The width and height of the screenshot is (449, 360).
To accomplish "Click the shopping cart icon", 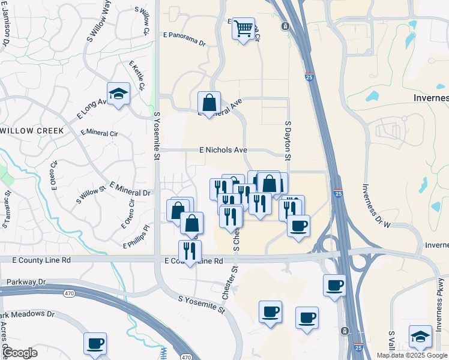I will point(243,28).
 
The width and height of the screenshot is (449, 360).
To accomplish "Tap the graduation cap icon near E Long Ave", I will point(119,94).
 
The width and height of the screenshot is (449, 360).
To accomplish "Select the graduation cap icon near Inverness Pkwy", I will point(420,337).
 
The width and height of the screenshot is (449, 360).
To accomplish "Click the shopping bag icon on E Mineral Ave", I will point(209,103).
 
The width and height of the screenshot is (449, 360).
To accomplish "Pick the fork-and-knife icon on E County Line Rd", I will point(190,251).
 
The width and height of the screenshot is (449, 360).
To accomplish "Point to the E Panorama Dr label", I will point(184,43).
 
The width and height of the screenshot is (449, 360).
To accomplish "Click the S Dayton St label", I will point(288,142).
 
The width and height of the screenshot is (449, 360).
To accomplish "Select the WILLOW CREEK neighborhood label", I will point(31,130).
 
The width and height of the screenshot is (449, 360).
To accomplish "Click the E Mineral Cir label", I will point(98,132).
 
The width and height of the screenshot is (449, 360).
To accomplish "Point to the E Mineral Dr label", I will point(130,188).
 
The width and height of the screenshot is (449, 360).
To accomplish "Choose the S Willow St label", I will point(91,196).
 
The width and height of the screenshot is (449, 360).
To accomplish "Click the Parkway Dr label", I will point(26,281).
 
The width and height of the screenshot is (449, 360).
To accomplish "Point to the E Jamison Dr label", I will point(5,23).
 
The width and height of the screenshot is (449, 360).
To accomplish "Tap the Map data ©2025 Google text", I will point(412,355).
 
